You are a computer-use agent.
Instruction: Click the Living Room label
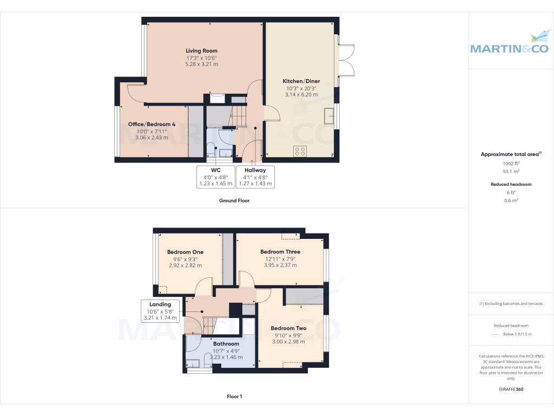(x=201, y=51)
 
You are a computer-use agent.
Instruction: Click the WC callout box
(x=215, y=177)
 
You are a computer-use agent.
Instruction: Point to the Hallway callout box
(x=255, y=177)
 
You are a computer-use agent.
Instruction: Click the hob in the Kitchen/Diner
(x=300, y=151)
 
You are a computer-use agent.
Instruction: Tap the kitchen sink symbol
(x=328, y=115)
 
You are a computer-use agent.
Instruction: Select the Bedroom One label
(x=185, y=252)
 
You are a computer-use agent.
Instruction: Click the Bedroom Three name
(x=280, y=251)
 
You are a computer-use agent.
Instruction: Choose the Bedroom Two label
(x=288, y=328)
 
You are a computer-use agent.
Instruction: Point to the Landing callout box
(x=160, y=311)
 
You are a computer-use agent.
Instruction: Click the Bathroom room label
(x=226, y=344)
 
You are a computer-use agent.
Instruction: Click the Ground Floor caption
(x=234, y=200)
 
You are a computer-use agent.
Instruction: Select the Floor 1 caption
(x=234, y=396)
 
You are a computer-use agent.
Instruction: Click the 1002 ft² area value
(x=511, y=163)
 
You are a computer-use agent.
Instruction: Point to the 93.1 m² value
(x=511, y=171)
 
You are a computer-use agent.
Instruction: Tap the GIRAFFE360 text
(x=511, y=389)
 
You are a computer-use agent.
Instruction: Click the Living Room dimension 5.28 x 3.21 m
(x=201, y=64)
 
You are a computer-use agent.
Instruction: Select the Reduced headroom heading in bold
(x=511, y=184)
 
